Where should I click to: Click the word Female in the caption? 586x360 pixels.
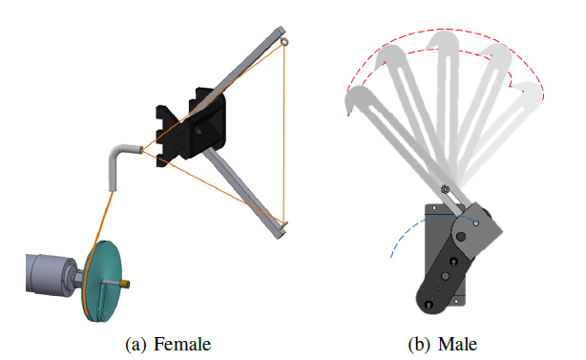tap(182, 344)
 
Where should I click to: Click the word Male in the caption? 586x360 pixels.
tap(457, 344)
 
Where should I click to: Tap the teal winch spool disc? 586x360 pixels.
tap(102, 281)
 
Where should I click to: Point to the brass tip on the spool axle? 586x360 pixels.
tap(125, 284)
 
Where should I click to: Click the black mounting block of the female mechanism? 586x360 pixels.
tap(191, 126)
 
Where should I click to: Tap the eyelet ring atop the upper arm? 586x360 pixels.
tap(284, 42)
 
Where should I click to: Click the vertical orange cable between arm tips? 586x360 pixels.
tap(283, 134)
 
